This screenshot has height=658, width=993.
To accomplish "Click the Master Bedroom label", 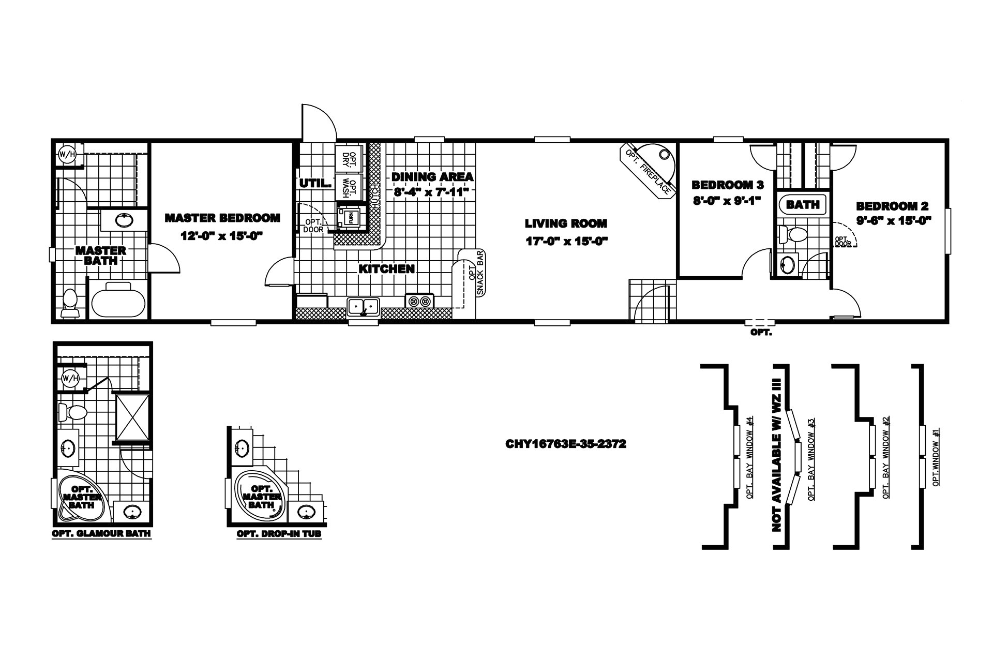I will pyautogui.click(x=222, y=218).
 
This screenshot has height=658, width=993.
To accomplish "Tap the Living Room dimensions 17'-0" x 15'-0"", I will pyautogui.click(x=566, y=241).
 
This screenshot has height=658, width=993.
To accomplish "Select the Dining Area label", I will pyautogui.click(x=432, y=177).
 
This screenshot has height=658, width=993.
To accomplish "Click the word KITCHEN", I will pyautogui.click(x=386, y=269).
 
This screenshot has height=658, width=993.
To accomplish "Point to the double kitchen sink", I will pyautogui.click(x=364, y=306).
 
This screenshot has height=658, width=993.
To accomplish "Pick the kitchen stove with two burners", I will pyautogui.click(x=419, y=301).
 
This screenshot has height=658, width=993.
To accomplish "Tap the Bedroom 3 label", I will pyautogui.click(x=727, y=185).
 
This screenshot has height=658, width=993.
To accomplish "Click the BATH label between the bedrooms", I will pyautogui.click(x=803, y=205).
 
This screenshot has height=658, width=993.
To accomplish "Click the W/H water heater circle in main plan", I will pyautogui.click(x=66, y=154).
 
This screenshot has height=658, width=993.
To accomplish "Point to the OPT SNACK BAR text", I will pyautogui.click(x=475, y=273).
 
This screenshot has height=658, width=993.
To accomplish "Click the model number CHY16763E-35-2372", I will pyautogui.click(x=566, y=444).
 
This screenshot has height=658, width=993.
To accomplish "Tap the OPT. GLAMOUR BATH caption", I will pyautogui.click(x=102, y=534).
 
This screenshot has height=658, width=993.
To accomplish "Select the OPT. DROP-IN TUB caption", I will pyautogui.click(x=279, y=534).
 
